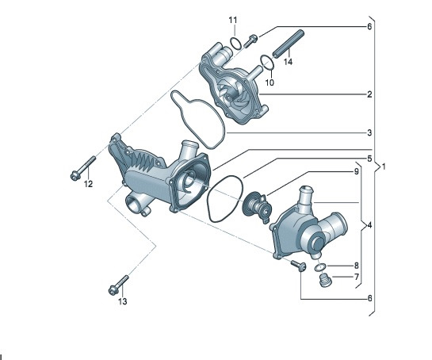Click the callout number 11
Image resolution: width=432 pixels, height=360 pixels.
point(233,20)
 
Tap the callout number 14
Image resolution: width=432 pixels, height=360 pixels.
point(288,62)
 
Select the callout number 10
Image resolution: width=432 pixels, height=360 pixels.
point(270,82)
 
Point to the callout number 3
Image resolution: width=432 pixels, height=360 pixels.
point(369,133)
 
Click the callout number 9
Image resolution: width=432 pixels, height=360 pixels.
point(356,171)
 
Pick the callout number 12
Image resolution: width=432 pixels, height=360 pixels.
point(88,184)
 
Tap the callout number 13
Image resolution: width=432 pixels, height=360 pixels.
point(123,301)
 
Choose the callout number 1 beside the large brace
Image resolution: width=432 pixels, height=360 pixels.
point(384,167)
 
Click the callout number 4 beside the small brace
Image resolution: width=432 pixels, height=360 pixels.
point(369,225)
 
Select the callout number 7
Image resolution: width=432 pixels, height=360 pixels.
point(356,277)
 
